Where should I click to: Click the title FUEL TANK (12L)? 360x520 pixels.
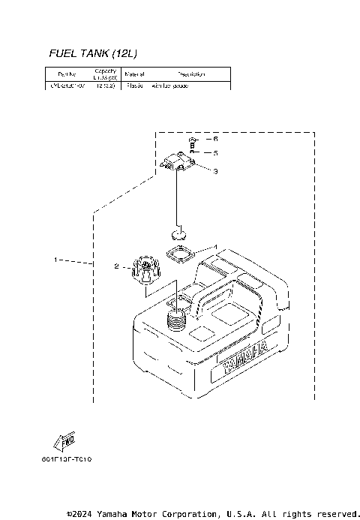coord(93,53)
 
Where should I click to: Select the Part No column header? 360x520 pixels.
coord(57,74)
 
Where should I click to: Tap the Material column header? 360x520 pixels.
coord(134,74)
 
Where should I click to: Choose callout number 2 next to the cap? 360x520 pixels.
coord(117,266)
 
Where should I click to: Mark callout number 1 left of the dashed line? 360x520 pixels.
coord(55,260)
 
